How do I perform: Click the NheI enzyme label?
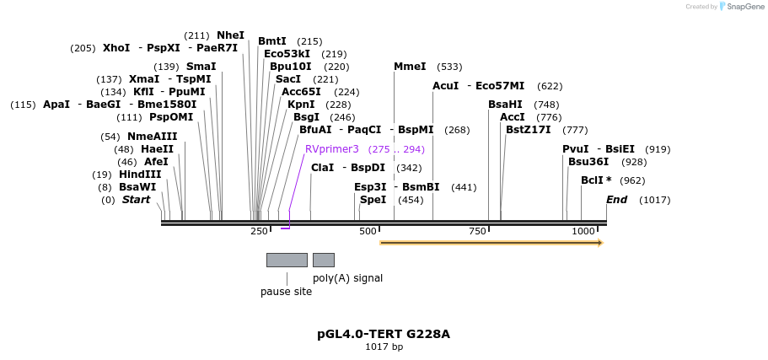point(230,35)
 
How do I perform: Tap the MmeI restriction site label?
point(410,67)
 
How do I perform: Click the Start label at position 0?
point(136,200)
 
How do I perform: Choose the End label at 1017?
point(617,200)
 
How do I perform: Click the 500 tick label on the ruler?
point(368,231)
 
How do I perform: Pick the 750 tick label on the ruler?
point(476,231)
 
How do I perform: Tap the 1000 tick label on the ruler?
point(583,231)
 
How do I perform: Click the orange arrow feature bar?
point(491,243)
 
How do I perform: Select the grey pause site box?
point(287,260)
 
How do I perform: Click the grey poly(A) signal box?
point(324,260)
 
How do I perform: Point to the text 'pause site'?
point(286,292)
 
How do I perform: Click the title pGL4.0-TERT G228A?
point(384,334)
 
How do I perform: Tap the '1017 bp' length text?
point(384,347)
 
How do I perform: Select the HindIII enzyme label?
point(139,175)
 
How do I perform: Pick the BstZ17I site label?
point(528,130)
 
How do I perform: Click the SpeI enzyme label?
point(373,200)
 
